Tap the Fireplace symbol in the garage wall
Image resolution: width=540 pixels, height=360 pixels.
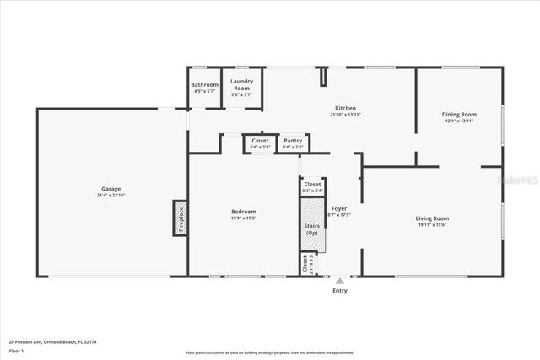pos(180,218)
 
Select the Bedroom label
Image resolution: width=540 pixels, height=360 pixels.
pos(243,212)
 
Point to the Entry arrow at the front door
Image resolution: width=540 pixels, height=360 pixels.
pos(339,281)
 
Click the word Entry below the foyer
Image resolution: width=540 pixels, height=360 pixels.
pos(339,291)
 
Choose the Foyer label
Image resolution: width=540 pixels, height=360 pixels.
pos(338,207)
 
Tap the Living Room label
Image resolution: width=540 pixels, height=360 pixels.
pos(432,218)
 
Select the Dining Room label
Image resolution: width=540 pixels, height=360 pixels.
pos(459,114)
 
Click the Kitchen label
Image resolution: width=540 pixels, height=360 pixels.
pos(345,108)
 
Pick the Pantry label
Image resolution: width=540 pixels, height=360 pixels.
pos(293,141)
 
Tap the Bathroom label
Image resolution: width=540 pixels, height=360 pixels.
pos(204,84)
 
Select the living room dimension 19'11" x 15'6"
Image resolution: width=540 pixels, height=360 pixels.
pos(432,225)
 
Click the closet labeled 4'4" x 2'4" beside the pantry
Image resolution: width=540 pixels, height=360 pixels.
pos(261,143)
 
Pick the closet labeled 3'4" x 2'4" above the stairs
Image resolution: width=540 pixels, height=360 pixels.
pos(312,186)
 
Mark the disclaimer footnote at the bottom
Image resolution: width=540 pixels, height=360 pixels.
pos(270,353)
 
